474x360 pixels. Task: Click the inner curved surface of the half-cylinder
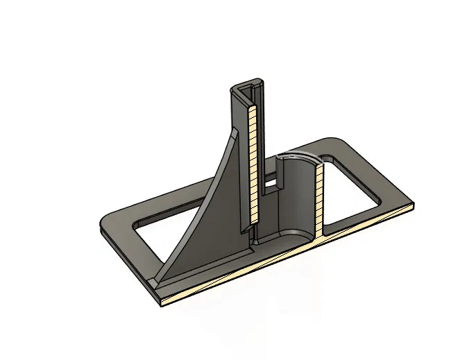click(300, 194)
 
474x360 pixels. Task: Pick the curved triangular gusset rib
click(208, 208)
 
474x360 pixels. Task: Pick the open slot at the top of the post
click(251, 87)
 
